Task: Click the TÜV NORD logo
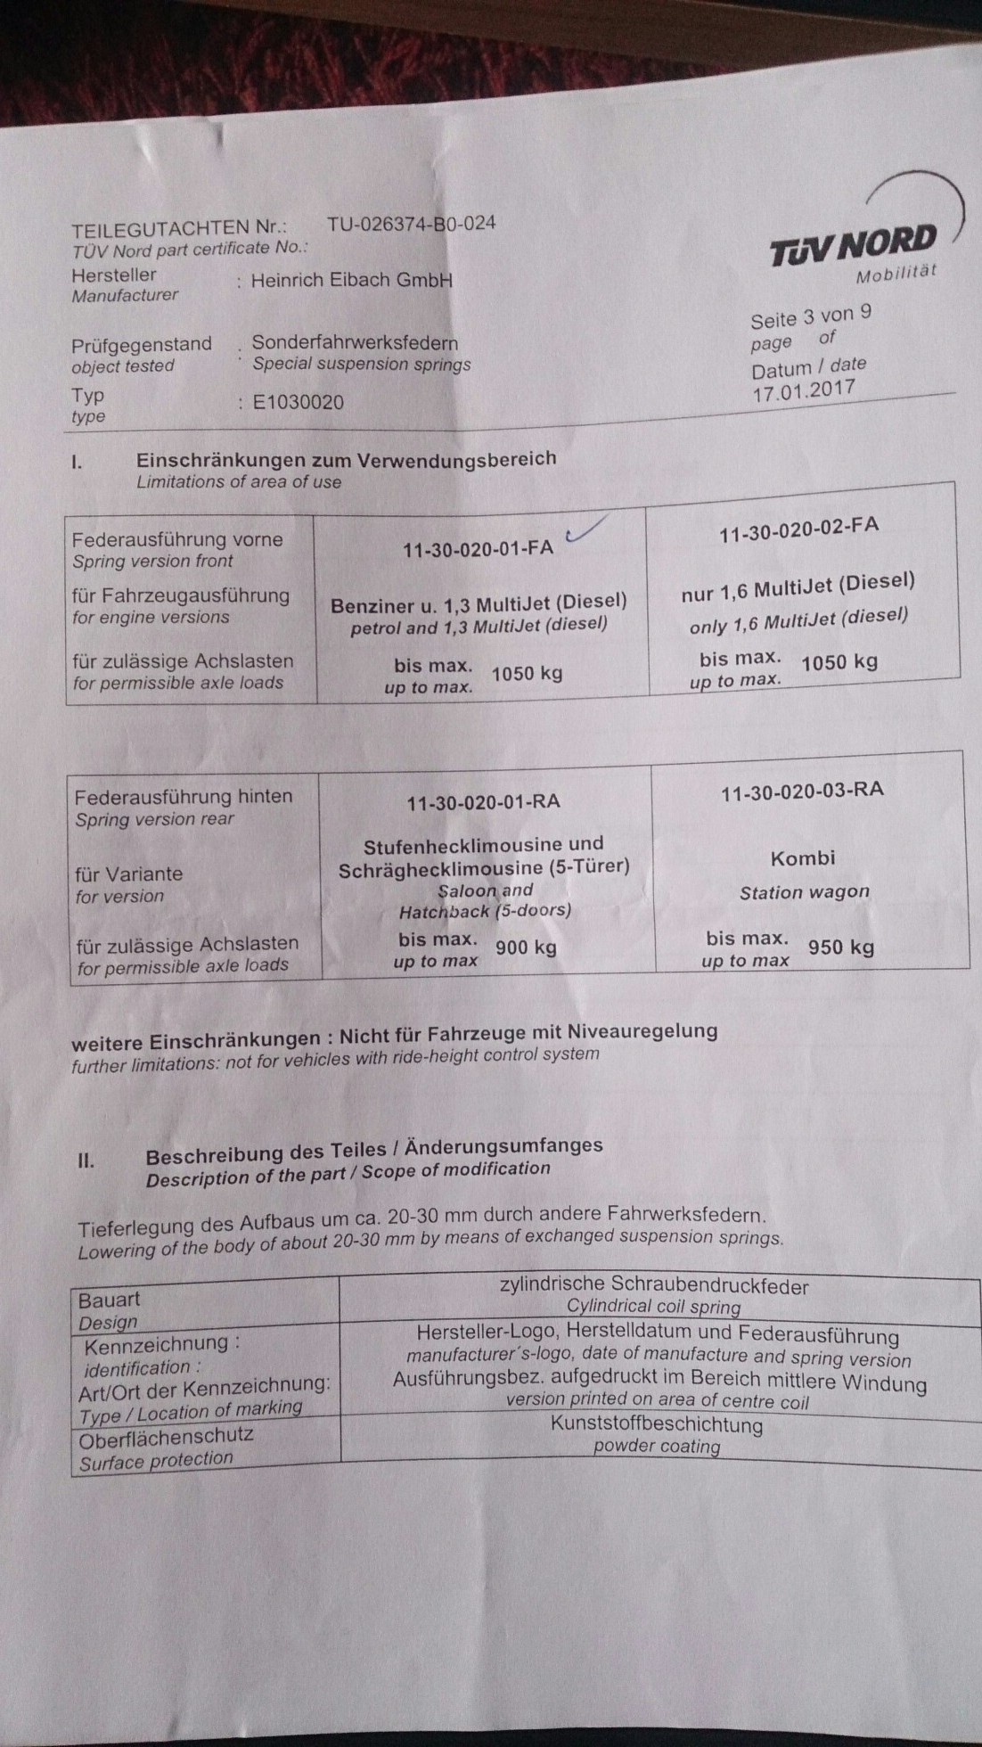854,244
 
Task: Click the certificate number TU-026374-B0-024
411,224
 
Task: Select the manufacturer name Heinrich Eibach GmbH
352,280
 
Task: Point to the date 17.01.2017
803,390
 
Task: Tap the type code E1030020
298,402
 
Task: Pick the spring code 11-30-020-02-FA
798,528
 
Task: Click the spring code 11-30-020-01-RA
483,802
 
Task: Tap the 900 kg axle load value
526,947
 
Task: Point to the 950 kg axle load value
840,947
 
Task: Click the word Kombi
803,858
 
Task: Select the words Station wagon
804,892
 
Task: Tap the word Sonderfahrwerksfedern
355,342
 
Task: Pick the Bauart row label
110,1300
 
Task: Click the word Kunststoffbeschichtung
656,1424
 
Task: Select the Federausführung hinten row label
184,797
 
